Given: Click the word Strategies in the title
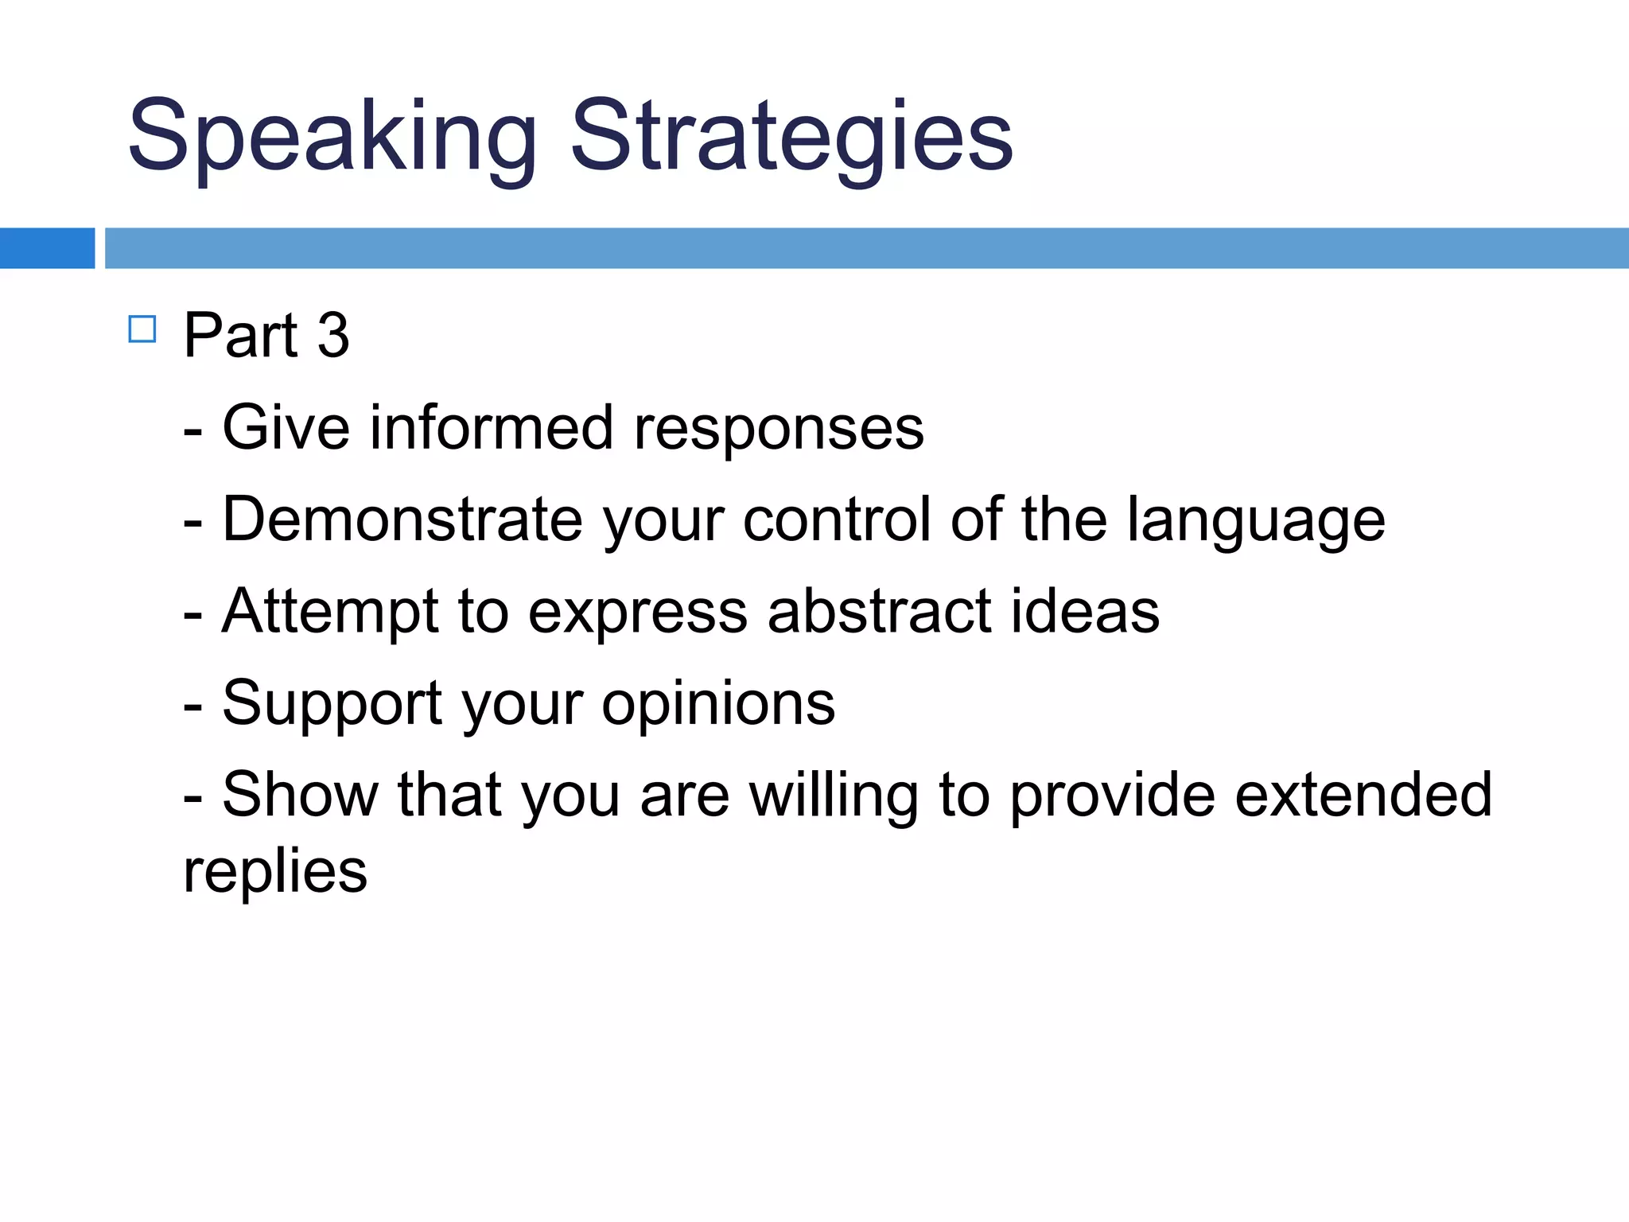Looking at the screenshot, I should pos(791,137).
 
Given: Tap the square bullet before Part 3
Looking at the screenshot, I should pos(142,329).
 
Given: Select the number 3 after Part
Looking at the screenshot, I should pos(333,335).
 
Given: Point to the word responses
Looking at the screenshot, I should pos(779,428).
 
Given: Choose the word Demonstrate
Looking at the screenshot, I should pos(402,520).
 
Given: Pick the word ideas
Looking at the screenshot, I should pos(1085,611).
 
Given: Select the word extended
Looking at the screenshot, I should pos(1363,794).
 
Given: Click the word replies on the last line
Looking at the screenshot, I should pos(275,872).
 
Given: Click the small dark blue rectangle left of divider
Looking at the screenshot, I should pos(47,248).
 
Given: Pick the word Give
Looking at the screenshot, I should pos(286,428).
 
